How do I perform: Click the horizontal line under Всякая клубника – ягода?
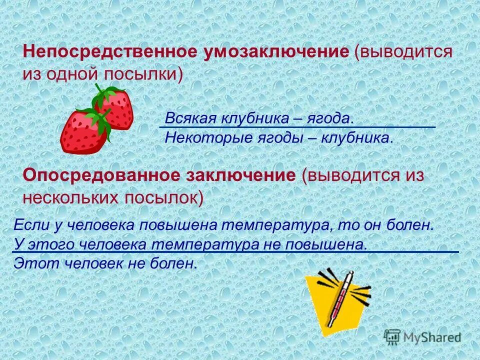[x=297, y=127]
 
